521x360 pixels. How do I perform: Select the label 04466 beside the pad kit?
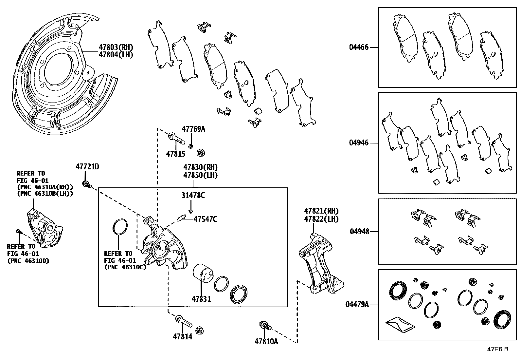coord(358,47)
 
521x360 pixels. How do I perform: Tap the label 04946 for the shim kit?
coord(358,143)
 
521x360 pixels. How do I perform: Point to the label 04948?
coord(359,232)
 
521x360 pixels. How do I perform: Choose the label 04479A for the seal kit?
coord(357,305)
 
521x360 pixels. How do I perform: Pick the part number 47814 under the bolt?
coord(183,336)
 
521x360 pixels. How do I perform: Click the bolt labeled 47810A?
coord(264,326)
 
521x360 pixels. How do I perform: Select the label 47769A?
coord(193,129)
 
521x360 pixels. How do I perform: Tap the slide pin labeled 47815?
coord(176,139)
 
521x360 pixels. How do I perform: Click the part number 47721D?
coord(87,166)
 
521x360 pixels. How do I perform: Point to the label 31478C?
coord(193,196)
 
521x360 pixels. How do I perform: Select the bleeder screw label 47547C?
coord(205,219)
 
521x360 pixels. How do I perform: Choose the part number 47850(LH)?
coord(200,175)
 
